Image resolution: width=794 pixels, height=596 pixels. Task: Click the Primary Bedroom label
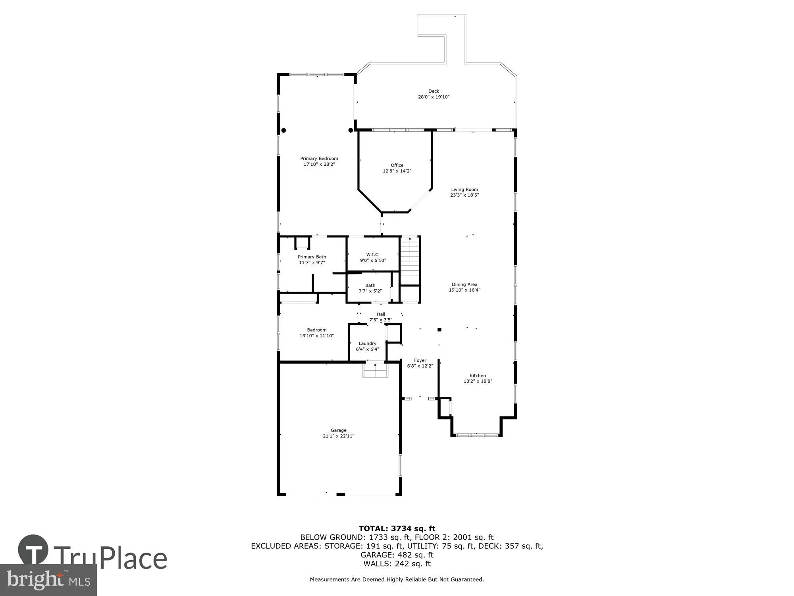point(319,159)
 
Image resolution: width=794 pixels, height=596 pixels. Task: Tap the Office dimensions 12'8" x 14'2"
point(397,171)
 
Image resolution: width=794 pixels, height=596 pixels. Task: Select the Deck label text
point(434,91)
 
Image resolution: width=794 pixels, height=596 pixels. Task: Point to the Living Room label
point(464,190)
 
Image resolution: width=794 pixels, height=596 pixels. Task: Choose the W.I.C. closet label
point(373,255)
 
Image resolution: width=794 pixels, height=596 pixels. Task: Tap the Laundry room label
point(367,343)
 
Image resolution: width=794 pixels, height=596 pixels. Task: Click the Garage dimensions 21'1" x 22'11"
point(338,436)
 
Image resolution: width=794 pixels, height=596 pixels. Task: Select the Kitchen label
point(478,375)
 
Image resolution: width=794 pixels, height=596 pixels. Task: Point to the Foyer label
point(420,360)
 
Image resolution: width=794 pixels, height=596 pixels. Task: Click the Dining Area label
point(464,284)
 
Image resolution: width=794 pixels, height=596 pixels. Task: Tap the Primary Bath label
point(312,257)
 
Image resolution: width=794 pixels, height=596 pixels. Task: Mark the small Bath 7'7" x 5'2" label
point(370,285)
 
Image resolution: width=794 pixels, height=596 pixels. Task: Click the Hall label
point(381,314)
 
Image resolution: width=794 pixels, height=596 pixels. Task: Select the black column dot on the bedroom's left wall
point(283,130)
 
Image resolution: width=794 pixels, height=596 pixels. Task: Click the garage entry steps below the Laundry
point(375,371)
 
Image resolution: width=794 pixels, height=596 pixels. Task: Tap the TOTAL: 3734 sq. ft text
point(397,528)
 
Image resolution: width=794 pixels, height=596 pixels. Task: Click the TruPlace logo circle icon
point(33,550)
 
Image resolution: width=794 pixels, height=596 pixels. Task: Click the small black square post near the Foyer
point(439,329)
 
